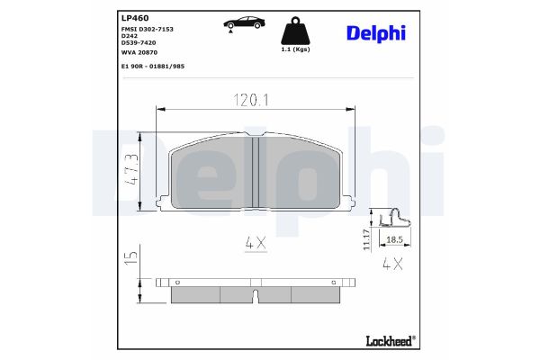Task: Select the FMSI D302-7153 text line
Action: pyautogui.click(x=148, y=30)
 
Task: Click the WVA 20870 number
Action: pyautogui.click(x=138, y=53)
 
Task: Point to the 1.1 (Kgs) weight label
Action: pyautogui.click(x=297, y=51)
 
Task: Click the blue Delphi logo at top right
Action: pyautogui.click(x=375, y=33)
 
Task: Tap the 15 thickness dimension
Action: pyautogui.click(x=131, y=258)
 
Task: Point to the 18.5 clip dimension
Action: pyautogui.click(x=393, y=240)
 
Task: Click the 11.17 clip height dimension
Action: pyautogui.click(x=367, y=239)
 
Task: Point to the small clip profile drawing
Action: pyautogui.click(x=392, y=217)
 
